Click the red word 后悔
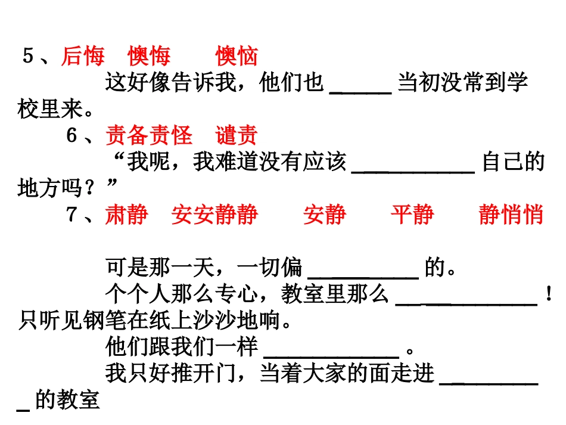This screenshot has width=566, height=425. pos(83,57)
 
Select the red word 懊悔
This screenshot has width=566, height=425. pos(149,57)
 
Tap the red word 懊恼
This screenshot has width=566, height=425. pos(237,57)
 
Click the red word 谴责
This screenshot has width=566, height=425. pos(237,136)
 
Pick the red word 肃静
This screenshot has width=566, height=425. pos(126,215)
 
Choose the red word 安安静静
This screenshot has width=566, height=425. pos(214,215)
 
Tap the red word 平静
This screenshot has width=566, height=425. pos(412,215)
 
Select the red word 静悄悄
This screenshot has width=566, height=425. pos(511,215)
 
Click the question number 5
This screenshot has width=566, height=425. pos(28,57)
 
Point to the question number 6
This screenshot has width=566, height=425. pos(72,136)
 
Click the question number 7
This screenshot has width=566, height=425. pos(72,215)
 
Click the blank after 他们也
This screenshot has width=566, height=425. pos(360,89)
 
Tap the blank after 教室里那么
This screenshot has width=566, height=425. pos(467,301)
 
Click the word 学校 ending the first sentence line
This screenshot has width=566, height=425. pos(516,83)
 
